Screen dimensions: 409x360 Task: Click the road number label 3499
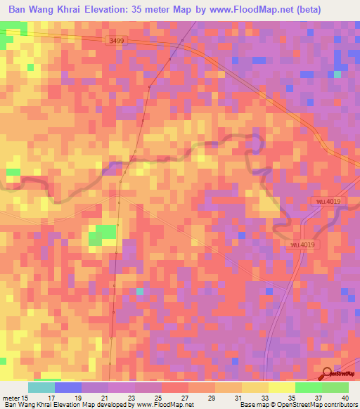[x=117, y=41]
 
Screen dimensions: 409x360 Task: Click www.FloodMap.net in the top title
[x=265, y=10]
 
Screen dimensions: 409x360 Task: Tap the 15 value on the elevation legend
[x=25, y=398]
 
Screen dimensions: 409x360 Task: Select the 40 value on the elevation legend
[x=344, y=398]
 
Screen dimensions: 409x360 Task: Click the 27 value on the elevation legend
[x=184, y=398]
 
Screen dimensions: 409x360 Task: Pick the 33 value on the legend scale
[x=264, y=398]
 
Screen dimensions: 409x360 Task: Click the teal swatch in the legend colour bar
[x=41, y=387]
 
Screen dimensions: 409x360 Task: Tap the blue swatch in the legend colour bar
[x=68, y=387]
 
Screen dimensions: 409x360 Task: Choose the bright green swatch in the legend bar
[x=308, y=387]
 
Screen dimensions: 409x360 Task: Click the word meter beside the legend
[x=11, y=398]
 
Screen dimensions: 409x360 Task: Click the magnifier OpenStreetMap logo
[x=328, y=375]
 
